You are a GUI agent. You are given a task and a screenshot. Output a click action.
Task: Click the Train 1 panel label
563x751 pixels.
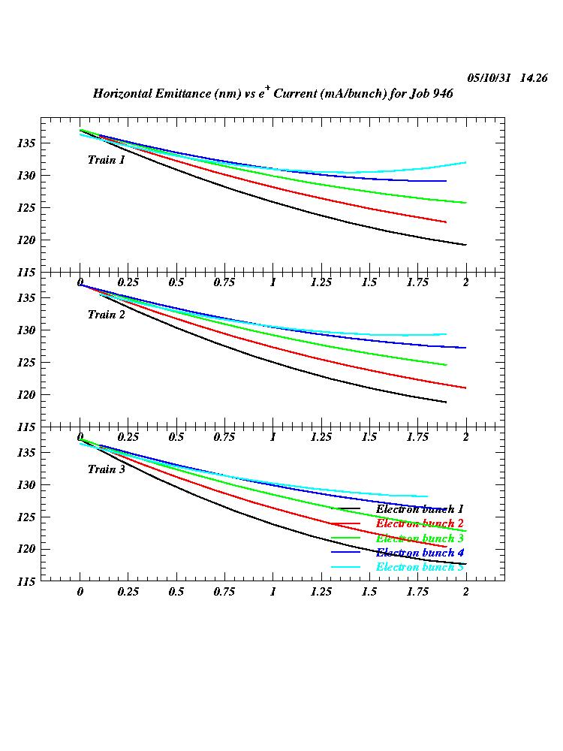point(106,160)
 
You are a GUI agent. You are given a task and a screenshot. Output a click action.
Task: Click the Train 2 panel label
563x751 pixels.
point(106,315)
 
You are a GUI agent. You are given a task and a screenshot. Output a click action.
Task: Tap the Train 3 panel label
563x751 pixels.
point(106,469)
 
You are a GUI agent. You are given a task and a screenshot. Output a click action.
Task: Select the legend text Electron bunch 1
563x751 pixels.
point(420,509)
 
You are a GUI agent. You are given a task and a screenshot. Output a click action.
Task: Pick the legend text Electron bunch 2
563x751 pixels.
point(420,523)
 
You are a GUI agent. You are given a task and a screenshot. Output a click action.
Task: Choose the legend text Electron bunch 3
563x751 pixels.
point(420,538)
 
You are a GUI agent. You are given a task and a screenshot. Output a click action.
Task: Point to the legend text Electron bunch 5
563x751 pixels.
point(420,567)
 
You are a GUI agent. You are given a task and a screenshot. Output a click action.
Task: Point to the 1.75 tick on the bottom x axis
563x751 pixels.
point(417,592)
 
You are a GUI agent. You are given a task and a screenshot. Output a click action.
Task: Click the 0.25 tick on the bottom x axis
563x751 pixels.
point(128,592)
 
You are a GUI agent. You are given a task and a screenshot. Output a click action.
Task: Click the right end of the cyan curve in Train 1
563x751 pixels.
point(465,162)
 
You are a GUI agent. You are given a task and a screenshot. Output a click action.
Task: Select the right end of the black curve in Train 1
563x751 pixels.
point(465,245)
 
